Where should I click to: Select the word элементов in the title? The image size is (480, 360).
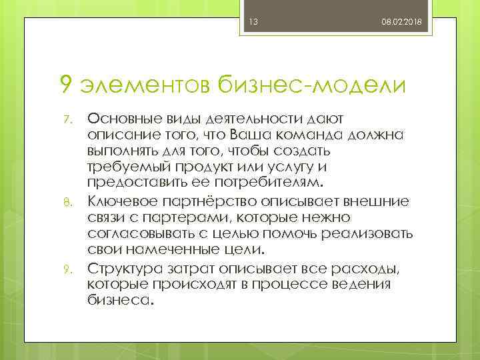[145, 85]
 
